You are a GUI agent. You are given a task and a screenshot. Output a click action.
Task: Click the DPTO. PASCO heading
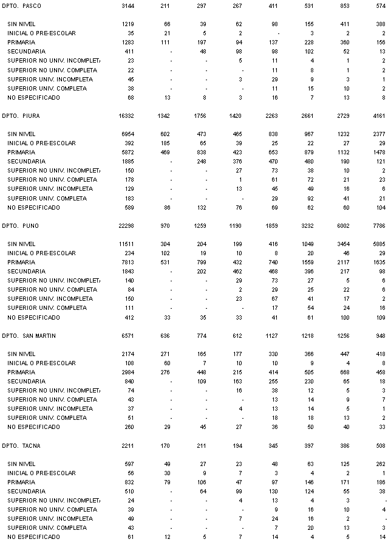tap(22, 5)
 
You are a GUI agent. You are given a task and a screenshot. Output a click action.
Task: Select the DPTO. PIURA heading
tap(22, 115)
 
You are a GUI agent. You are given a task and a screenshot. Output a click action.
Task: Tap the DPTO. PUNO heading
tap(21, 225)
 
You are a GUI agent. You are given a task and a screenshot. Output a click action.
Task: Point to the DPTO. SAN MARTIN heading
tap(29, 335)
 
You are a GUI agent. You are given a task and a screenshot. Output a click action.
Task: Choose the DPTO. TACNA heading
tap(22, 445)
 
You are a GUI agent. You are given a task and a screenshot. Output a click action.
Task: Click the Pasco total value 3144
tap(127, 5)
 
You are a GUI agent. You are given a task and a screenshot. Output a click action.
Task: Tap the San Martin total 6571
tap(127, 335)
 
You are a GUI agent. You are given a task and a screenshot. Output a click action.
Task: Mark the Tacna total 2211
tap(127, 445)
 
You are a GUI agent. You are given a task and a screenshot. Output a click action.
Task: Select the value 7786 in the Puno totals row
tap(377, 225)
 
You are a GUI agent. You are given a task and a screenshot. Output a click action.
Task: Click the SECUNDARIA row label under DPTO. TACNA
tap(26, 491)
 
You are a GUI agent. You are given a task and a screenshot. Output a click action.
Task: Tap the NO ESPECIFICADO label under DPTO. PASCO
tap(33, 97)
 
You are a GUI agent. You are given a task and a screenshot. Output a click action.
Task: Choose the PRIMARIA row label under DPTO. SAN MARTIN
tap(21, 372)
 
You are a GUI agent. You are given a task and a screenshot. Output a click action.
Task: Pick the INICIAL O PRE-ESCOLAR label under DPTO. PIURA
tap(41, 143)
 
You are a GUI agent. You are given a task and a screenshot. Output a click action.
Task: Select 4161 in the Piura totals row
tap(377, 115)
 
